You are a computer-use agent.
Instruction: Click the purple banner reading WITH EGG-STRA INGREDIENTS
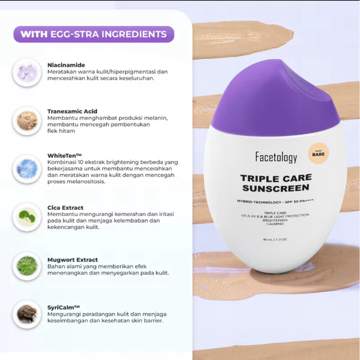tap(94, 34)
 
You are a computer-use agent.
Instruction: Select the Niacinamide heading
tap(66, 65)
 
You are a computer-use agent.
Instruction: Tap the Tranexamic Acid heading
tap(72, 111)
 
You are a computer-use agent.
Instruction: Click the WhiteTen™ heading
tap(65, 156)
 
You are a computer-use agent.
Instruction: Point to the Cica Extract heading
tap(65, 207)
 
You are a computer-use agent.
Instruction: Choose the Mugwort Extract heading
tap(72, 260)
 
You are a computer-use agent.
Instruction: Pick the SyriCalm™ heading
tap(64, 307)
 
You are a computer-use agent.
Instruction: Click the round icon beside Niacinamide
tap(27, 72)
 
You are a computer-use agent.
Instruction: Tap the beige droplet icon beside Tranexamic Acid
tap(27, 121)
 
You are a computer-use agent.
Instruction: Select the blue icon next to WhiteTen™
tap(27, 169)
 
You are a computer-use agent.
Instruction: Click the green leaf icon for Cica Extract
tap(27, 217)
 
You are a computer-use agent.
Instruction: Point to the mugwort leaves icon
tap(27, 266)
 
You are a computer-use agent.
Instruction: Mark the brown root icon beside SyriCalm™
tap(27, 314)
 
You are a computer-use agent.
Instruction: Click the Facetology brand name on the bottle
tap(276, 157)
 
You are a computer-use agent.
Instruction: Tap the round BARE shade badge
tap(319, 153)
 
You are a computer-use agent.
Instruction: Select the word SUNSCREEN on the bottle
tap(276, 188)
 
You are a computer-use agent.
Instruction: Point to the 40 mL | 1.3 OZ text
tap(275, 239)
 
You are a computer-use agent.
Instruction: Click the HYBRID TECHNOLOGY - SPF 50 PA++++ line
tap(275, 201)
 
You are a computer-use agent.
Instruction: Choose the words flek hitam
tap(61, 131)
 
